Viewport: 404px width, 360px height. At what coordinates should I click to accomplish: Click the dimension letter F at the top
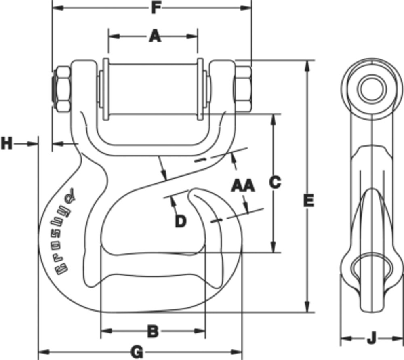tap(156, 8)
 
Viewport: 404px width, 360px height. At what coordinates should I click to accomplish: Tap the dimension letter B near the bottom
tap(152, 331)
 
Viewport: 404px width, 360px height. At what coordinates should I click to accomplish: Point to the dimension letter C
tap(275, 182)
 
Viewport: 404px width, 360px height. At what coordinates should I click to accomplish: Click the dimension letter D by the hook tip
tap(181, 221)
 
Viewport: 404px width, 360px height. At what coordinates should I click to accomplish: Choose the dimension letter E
tap(308, 200)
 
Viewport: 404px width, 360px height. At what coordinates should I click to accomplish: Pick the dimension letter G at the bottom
tap(137, 352)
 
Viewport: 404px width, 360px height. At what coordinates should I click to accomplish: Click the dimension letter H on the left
tap(6, 143)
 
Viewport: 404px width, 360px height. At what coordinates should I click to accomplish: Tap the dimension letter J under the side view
tap(372, 338)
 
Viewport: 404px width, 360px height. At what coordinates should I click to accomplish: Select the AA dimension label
tap(243, 186)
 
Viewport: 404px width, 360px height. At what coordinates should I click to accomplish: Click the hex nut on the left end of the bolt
tap(62, 89)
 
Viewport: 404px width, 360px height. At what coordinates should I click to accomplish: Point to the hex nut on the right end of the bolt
tap(243, 89)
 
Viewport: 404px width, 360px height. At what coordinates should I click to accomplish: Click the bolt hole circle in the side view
tap(371, 88)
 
